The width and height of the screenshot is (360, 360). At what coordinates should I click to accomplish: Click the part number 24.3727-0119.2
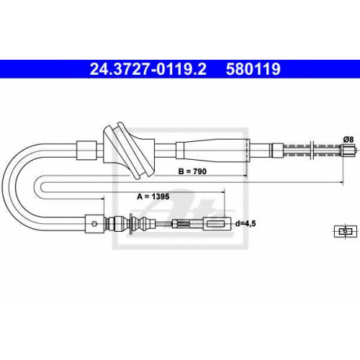coord(148,69)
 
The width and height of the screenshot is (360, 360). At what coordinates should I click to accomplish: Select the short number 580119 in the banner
coord(253,69)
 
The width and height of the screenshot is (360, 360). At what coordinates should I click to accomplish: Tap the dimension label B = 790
coord(192,171)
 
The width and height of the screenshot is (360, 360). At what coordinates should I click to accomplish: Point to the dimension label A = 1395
coord(153,197)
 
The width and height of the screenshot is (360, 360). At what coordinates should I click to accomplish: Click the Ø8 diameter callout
coord(348,139)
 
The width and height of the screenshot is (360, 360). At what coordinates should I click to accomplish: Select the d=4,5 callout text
coord(246,224)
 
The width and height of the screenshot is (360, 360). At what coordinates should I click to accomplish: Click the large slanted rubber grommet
coord(129,150)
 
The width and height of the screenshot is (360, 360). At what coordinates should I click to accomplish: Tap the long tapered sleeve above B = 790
coord(212,150)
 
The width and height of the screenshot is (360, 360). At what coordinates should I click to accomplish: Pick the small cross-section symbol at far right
coord(346,232)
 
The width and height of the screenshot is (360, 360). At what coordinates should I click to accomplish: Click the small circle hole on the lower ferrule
coord(94,224)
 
